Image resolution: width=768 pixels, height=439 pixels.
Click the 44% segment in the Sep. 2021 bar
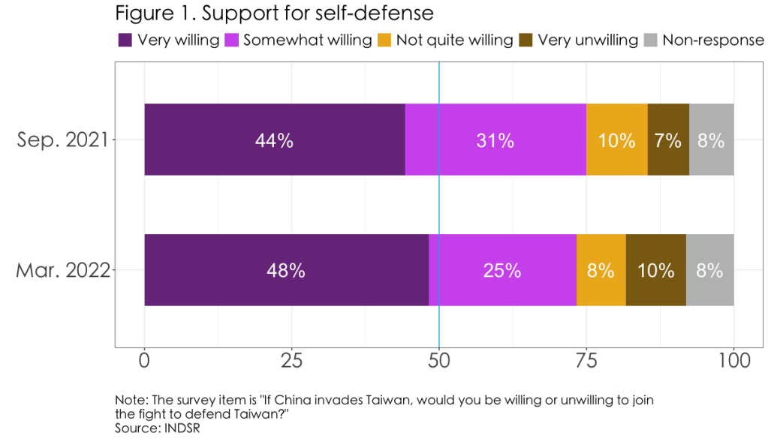[x=274, y=140]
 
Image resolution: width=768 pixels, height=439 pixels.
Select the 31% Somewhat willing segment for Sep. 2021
[x=495, y=140]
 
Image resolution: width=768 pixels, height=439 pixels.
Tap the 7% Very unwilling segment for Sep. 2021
[x=667, y=140]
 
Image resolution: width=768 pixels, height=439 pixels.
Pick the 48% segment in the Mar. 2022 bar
[x=286, y=270]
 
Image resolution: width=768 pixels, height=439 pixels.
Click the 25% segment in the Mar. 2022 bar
[x=502, y=270]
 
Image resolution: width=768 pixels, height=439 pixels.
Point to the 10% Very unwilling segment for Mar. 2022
[x=655, y=270]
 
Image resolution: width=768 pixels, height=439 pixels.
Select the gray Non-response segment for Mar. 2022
[x=709, y=270]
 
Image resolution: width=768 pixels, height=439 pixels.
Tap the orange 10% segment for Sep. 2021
[x=616, y=140]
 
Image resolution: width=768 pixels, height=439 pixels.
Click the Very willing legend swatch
[x=125, y=40]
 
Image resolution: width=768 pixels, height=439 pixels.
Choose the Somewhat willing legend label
[x=307, y=40]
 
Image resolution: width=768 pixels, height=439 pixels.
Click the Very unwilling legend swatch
[x=526, y=40]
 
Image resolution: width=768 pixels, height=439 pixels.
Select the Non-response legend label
[x=712, y=40]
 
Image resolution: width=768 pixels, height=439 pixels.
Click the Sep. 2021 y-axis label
[x=64, y=140]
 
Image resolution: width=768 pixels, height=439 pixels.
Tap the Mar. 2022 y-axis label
[x=64, y=270]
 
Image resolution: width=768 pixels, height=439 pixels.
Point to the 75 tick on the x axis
[x=586, y=361]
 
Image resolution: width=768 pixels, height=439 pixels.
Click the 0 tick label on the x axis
[x=144, y=361]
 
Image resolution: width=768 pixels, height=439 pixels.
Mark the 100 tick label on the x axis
[x=733, y=361]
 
